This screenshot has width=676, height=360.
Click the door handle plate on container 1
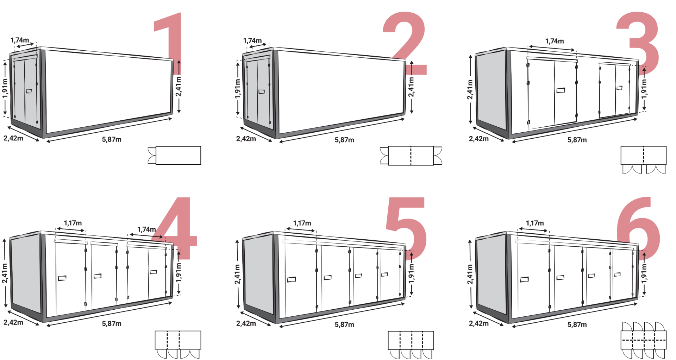point(29,91)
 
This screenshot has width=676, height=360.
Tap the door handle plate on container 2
point(262,91)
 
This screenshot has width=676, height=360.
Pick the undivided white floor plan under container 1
point(178,155)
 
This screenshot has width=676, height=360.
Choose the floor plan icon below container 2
point(411,155)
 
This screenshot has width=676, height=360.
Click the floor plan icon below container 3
point(643,155)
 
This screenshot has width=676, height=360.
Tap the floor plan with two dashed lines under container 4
point(178,340)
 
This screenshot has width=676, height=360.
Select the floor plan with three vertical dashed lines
point(411,340)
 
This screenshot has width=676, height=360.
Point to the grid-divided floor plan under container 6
point(643,340)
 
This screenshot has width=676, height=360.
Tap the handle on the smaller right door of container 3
point(619,88)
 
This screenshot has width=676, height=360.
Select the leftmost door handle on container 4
point(62,278)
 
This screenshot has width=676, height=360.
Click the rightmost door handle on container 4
point(153,272)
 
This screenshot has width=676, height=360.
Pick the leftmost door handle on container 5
point(292,280)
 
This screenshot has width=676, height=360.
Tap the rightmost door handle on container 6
point(617,274)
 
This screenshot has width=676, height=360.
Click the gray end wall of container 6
point(492,274)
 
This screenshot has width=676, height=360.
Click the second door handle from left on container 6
point(560,277)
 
